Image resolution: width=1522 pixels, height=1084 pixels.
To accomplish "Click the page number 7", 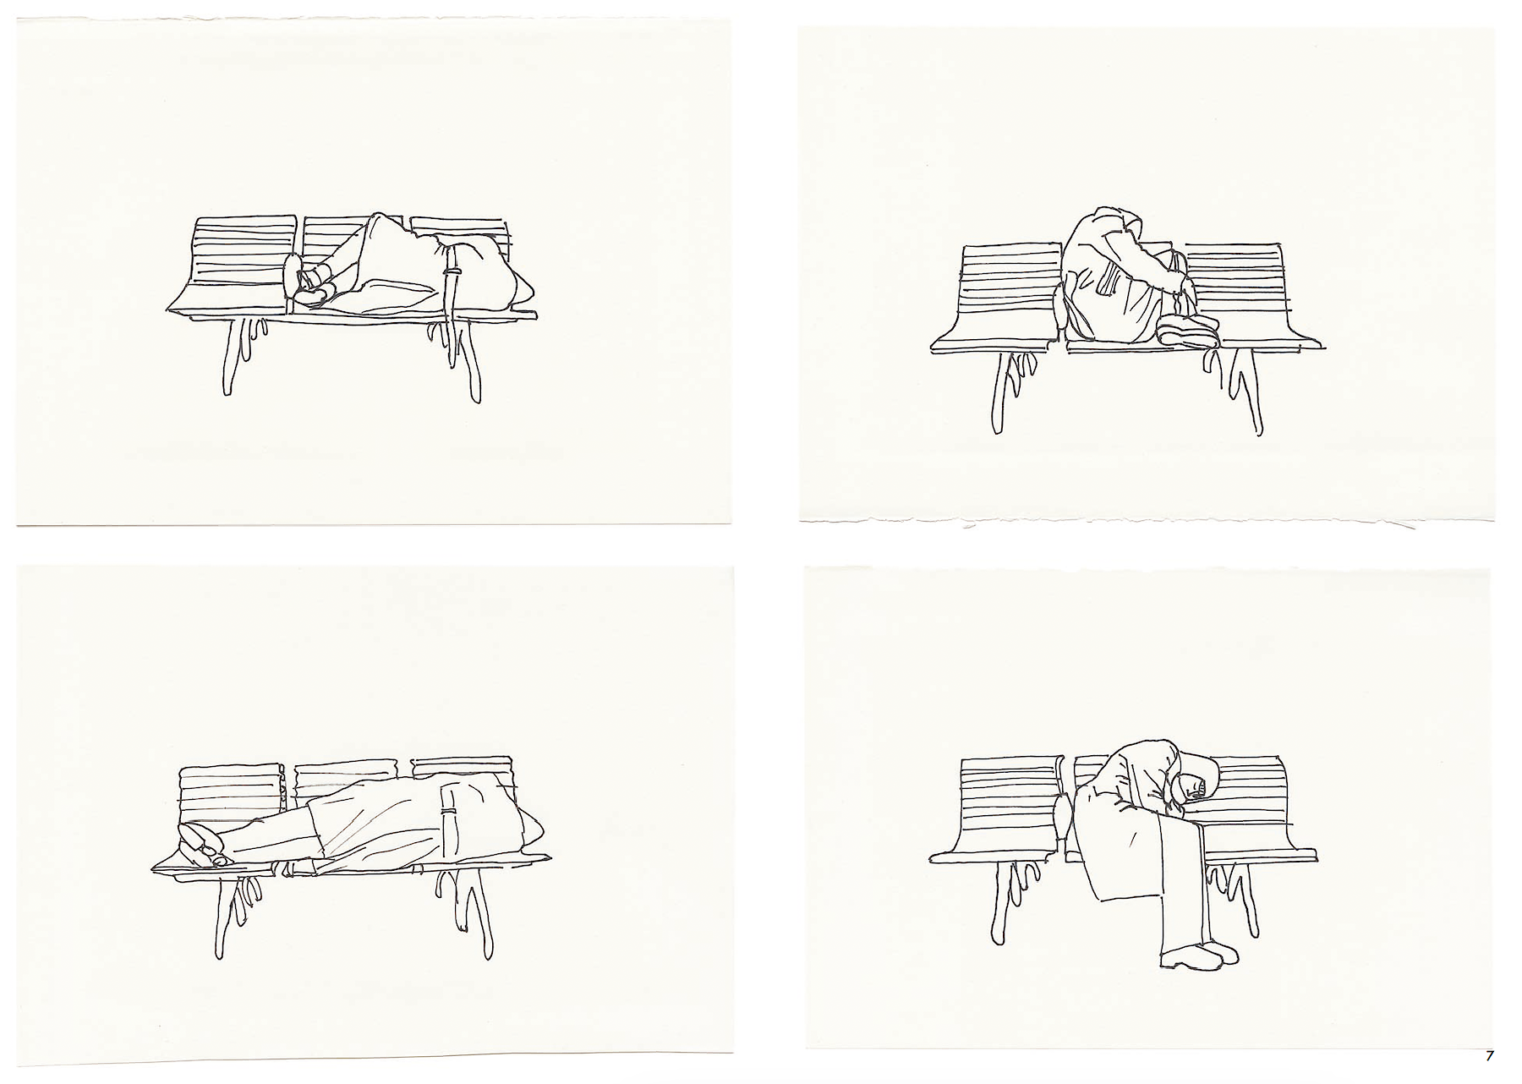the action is (1489, 1055).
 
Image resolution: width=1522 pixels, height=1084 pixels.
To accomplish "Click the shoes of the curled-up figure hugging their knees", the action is (1189, 330).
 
